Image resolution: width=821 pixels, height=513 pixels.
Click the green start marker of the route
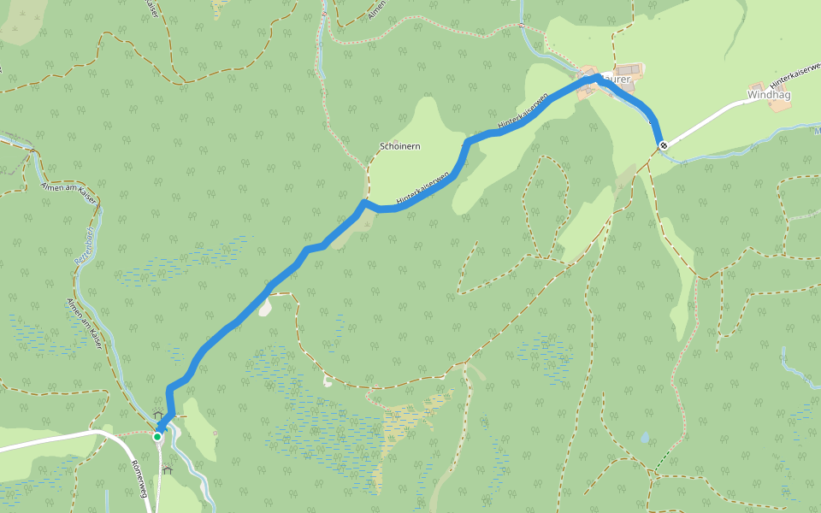tap(157, 437)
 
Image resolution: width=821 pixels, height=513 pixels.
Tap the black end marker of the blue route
tap(663, 146)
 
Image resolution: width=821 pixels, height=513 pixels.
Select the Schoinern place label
tap(399, 146)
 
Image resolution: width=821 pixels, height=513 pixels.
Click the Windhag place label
tap(769, 95)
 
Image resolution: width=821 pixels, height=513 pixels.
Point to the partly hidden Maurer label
tap(617, 79)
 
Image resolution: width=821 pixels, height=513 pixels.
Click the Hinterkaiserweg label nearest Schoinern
tap(422, 189)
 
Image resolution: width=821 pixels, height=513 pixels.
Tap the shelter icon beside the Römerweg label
tap(168, 469)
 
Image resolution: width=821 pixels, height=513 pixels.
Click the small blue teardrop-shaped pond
tap(644, 438)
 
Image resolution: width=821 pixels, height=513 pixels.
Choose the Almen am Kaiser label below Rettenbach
tap(85, 322)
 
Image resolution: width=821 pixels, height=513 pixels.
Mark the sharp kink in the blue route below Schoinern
tap(364, 203)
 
